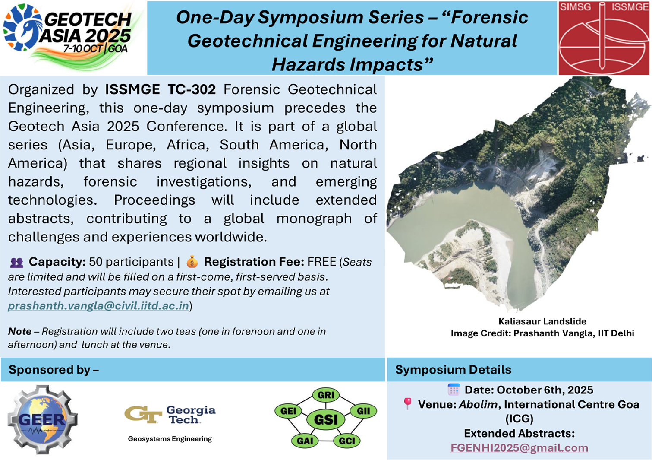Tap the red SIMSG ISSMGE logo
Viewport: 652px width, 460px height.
pyautogui.click(x=604, y=38)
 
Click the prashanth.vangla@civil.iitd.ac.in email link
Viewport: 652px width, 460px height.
pyautogui.click(x=98, y=306)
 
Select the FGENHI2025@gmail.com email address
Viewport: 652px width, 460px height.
pyautogui.click(x=519, y=448)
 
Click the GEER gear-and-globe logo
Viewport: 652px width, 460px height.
pyautogui.click(x=42, y=419)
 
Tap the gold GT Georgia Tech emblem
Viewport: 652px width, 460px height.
pyautogui.click(x=143, y=414)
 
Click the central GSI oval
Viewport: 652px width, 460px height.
pyautogui.click(x=326, y=420)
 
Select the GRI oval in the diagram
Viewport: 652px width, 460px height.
pyautogui.click(x=326, y=395)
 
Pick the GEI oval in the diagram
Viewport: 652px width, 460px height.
pyautogui.click(x=288, y=411)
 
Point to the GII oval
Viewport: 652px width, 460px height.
pyautogui.click(x=363, y=411)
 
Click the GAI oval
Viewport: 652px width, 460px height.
pyautogui.click(x=305, y=441)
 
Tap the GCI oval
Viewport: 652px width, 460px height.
pyautogui.click(x=346, y=441)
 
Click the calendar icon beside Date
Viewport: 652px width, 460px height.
pyautogui.click(x=454, y=390)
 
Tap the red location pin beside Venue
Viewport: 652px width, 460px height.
pyautogui.click(x=407, y=404)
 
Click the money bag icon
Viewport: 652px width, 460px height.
pyautogui.click(x=192, y=262)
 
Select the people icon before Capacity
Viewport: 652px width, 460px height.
pyautogui.click(x=16, y=263)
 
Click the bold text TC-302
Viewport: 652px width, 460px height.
pyautogui.click(x=192, y=89)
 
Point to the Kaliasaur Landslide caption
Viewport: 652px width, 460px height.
pyautogui.click(x=542, y=321)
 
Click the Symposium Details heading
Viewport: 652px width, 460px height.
pyautogui.click(x=453, y=370)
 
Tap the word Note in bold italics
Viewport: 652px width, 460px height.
pyautogui.click(x=20, y=332)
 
